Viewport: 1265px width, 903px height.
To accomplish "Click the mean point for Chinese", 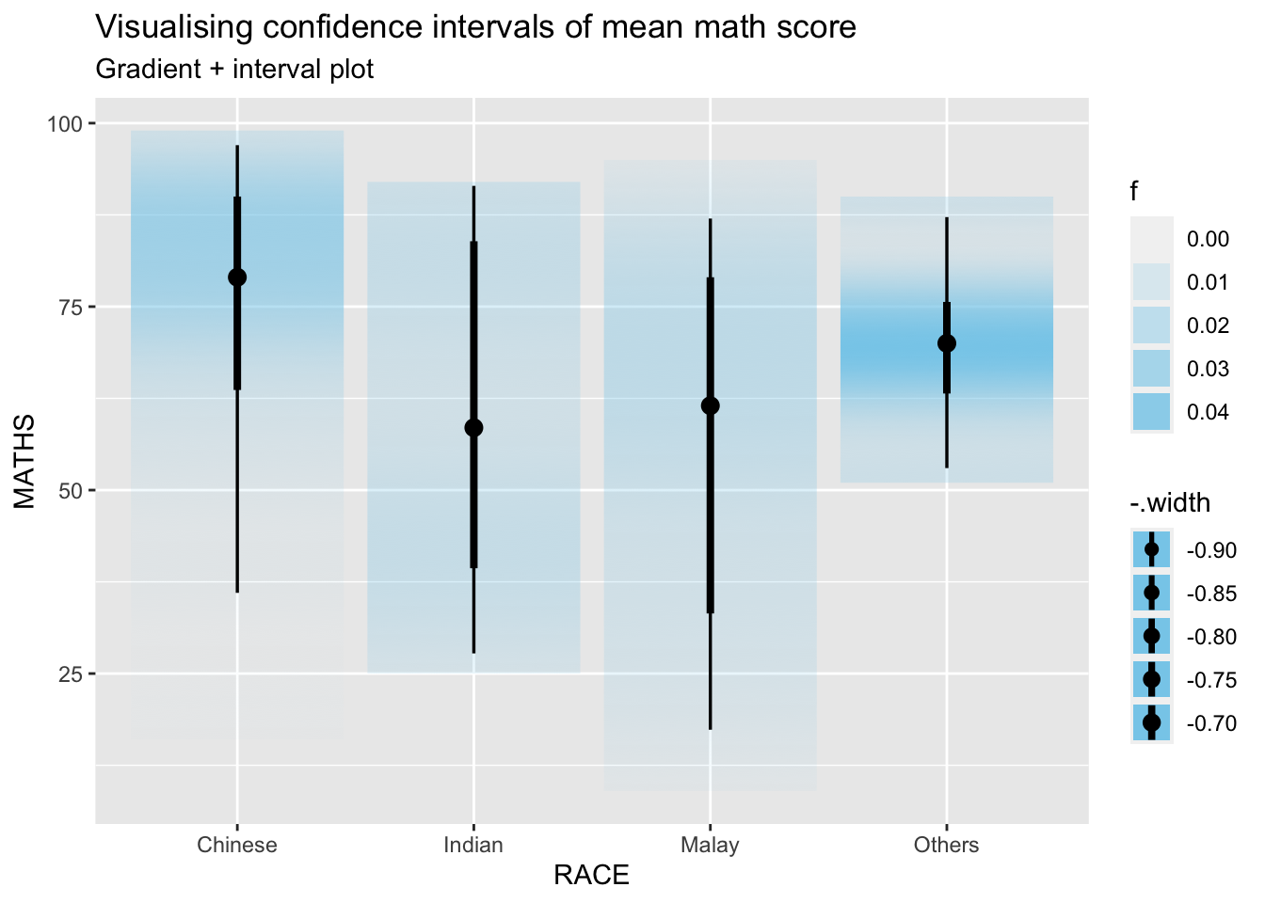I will (237, 277).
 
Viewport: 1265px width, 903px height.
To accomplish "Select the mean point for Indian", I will (473, 428).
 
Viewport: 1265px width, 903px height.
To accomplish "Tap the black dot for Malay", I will (711, 405).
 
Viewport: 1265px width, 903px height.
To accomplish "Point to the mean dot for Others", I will (947, 343).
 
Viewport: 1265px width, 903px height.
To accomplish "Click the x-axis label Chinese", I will (237, 845).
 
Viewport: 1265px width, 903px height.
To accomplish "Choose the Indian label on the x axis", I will (473, 845).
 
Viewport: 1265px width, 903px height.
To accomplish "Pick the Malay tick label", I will (711, 845).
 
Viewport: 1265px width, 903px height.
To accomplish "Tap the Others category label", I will (947, 845).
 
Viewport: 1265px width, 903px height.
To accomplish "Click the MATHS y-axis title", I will (24, 462).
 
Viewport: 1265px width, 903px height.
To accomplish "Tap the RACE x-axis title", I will (591, 876).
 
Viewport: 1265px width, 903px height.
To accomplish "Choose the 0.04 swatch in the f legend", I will (1151, 412).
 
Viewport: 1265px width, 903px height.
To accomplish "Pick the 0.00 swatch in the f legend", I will (1151, 239).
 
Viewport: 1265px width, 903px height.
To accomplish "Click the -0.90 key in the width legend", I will (1151, 549).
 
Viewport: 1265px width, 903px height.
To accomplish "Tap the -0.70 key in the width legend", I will (1151, 722).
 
